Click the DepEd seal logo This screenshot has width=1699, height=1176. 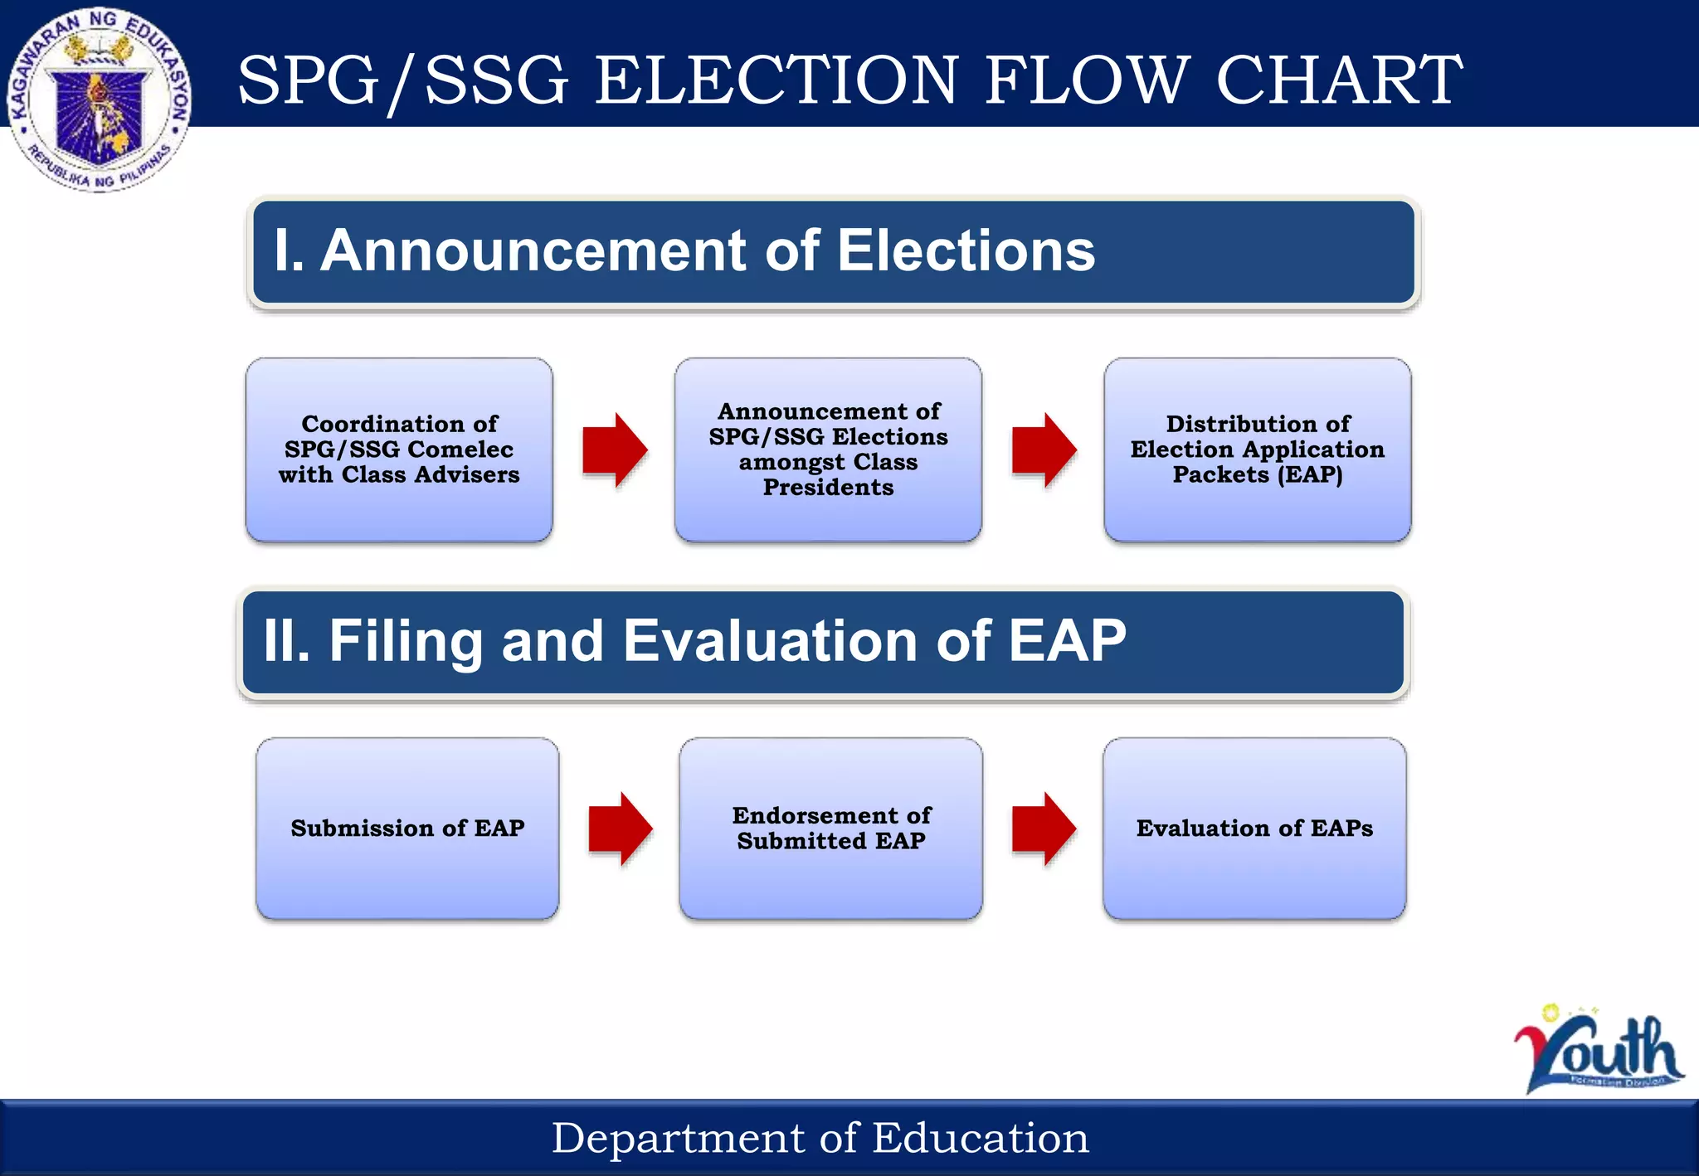coord(100,100)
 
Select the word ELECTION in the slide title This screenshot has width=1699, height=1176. coord(776,80)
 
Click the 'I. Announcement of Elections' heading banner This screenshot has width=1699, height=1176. coord(833,252)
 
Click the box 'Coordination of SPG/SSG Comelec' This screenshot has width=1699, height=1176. coord(399,450)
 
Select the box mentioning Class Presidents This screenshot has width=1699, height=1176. coord(828,450)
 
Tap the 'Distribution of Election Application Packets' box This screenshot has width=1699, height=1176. coord(1257,450)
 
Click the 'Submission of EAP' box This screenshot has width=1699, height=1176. coord(407,829)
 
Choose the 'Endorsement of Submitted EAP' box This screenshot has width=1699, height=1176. coord(830,829)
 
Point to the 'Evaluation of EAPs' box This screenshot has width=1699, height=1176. coord(1254,829)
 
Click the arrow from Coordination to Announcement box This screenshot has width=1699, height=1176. coord(614,450)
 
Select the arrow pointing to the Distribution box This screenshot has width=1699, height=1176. coord(1044,450)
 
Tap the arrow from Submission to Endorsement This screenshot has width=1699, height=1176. coord(620,829)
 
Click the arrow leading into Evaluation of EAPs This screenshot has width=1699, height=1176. coord(1044,829)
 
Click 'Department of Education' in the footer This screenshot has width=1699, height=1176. coord(820,1138)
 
